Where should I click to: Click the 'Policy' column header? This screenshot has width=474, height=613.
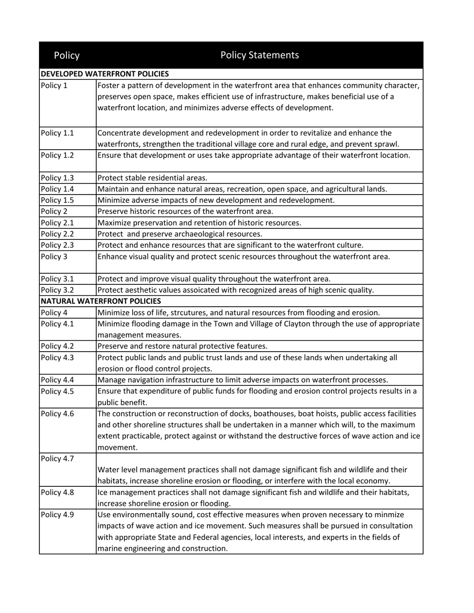pos(66,55)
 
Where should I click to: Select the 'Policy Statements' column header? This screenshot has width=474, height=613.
pos(259,55)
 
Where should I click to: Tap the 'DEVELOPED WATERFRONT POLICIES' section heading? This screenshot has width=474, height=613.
pos(104,74)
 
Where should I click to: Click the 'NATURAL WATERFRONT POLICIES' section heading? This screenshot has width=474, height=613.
pos(100,301)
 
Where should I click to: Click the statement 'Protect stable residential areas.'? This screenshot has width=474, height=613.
pos(152,178)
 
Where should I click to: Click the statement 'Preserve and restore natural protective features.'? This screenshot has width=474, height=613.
pos(182,346)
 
